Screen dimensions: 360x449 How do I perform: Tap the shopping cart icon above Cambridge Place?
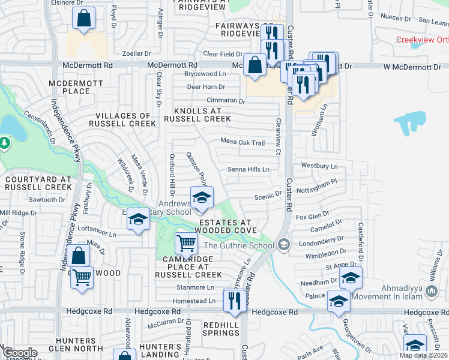186,244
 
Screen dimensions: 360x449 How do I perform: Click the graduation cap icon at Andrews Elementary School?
202,197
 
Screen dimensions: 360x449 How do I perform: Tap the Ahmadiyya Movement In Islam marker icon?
430,292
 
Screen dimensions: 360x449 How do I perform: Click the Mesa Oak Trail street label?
243,143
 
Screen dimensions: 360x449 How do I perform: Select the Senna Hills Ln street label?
248,170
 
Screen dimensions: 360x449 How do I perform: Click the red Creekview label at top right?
422,40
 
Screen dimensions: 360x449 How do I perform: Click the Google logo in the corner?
20,353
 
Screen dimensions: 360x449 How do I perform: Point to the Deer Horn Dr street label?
206,87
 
